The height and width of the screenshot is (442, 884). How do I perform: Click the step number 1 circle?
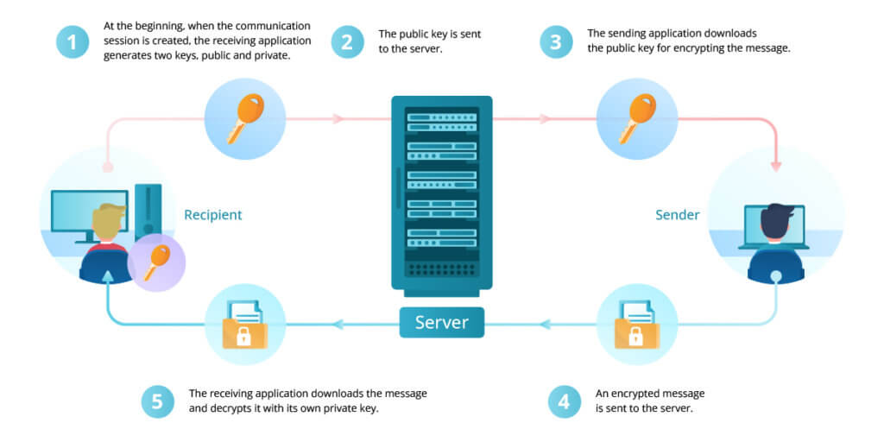(x=73, y=41)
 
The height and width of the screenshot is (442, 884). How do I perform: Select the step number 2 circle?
(x=347, y=41)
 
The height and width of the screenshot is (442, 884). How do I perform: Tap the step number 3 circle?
(x=556, y=41)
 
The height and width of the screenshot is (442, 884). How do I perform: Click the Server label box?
(x=441, y=323)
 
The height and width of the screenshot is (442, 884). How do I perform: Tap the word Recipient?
(x=213, y=214)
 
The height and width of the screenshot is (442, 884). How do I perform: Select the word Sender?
(x=677, y=214)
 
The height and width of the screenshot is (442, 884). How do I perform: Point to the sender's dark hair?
(x=776, y=218)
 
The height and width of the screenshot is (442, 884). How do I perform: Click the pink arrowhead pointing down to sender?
(x=776, y=164)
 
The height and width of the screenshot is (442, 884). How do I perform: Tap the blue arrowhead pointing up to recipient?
(x=107, y=277)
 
